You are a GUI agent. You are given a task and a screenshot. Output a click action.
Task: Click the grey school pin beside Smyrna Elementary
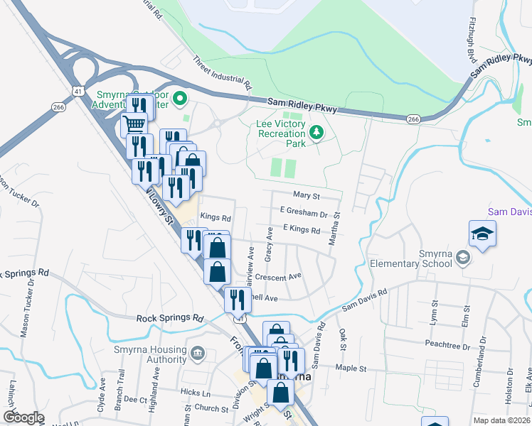click(x=464, y=256)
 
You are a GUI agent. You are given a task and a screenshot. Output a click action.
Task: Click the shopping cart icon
click(x=134, y=126)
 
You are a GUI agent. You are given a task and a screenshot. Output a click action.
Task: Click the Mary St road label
click(x=307, y=195)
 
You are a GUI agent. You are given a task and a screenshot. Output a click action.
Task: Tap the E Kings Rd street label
click(x=302, y=229)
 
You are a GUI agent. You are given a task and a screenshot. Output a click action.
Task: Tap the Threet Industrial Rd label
click(x=223, y=73)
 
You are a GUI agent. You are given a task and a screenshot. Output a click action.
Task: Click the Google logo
click(x=24, y=417)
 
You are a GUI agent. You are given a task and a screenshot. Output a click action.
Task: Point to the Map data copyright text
click(x=502, y=420)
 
